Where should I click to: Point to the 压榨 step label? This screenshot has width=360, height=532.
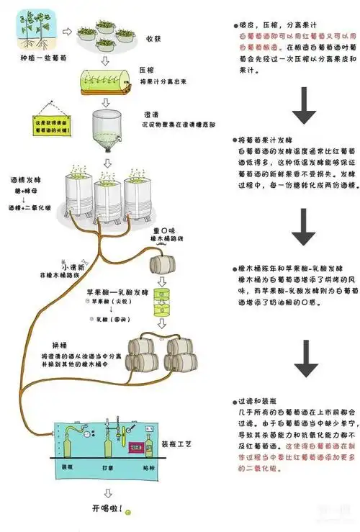(146, 72)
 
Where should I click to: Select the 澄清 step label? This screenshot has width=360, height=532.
(152, 114)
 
